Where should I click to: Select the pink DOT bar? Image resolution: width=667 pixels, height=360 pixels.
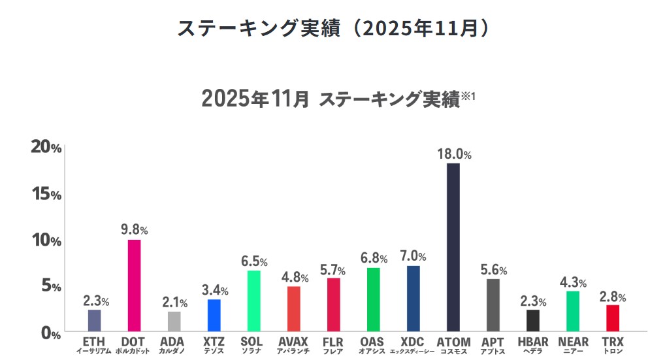(134, 286)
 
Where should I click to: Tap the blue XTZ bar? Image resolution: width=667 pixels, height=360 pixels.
(214, 315)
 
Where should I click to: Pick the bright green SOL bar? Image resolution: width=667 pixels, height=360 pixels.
(253, 301)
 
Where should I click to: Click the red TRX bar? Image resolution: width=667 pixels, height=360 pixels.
(612, 318)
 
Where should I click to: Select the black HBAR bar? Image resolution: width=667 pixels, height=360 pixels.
(533, 320)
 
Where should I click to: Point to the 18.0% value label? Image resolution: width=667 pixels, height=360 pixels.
(454, 154)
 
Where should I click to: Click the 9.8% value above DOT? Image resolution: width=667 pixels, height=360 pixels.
(134, 230)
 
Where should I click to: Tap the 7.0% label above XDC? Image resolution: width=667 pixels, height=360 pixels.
(413, 256)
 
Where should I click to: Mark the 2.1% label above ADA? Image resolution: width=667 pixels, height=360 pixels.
(174, 303)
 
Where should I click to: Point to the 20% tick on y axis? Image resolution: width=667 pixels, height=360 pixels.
(46, 148)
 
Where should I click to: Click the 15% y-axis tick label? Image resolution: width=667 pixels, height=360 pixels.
(46, 194)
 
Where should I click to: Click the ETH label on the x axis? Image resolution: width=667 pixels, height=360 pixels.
(94, 342)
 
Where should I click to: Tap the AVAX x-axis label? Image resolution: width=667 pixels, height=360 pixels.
(293, 342)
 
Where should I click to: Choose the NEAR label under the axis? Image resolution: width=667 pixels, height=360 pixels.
(573, 342)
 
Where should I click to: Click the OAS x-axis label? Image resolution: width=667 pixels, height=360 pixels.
(373, 342)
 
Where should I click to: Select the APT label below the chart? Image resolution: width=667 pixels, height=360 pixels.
(493, 342)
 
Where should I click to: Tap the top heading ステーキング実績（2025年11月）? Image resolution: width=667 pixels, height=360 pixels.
(333, 29)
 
